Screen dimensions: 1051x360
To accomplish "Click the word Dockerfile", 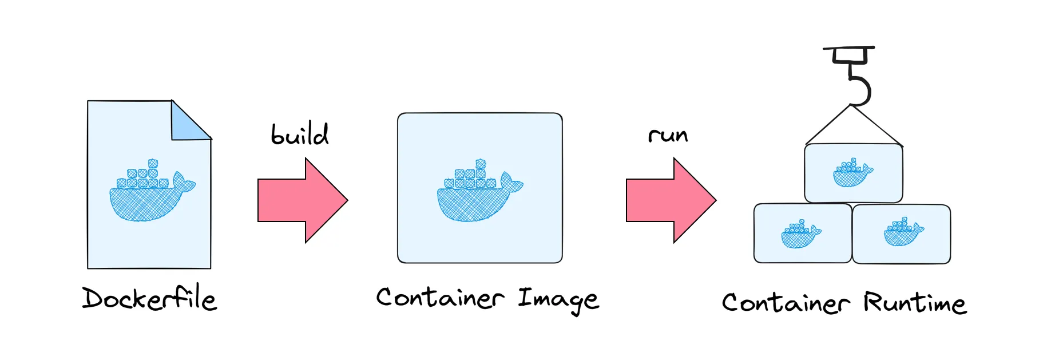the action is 149,299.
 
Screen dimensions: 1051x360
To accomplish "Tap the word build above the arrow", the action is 299,135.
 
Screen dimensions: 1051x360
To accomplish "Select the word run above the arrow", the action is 668,136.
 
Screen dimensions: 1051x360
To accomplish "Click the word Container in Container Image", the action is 440,298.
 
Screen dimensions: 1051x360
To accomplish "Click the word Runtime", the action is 915,302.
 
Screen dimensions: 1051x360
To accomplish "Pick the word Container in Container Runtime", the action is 786,302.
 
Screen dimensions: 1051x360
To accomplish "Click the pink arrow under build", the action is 302,200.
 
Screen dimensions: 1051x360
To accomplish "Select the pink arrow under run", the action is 671,200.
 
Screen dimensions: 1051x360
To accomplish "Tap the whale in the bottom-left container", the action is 800,234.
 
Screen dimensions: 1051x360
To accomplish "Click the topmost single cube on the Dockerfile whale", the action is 153,164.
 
